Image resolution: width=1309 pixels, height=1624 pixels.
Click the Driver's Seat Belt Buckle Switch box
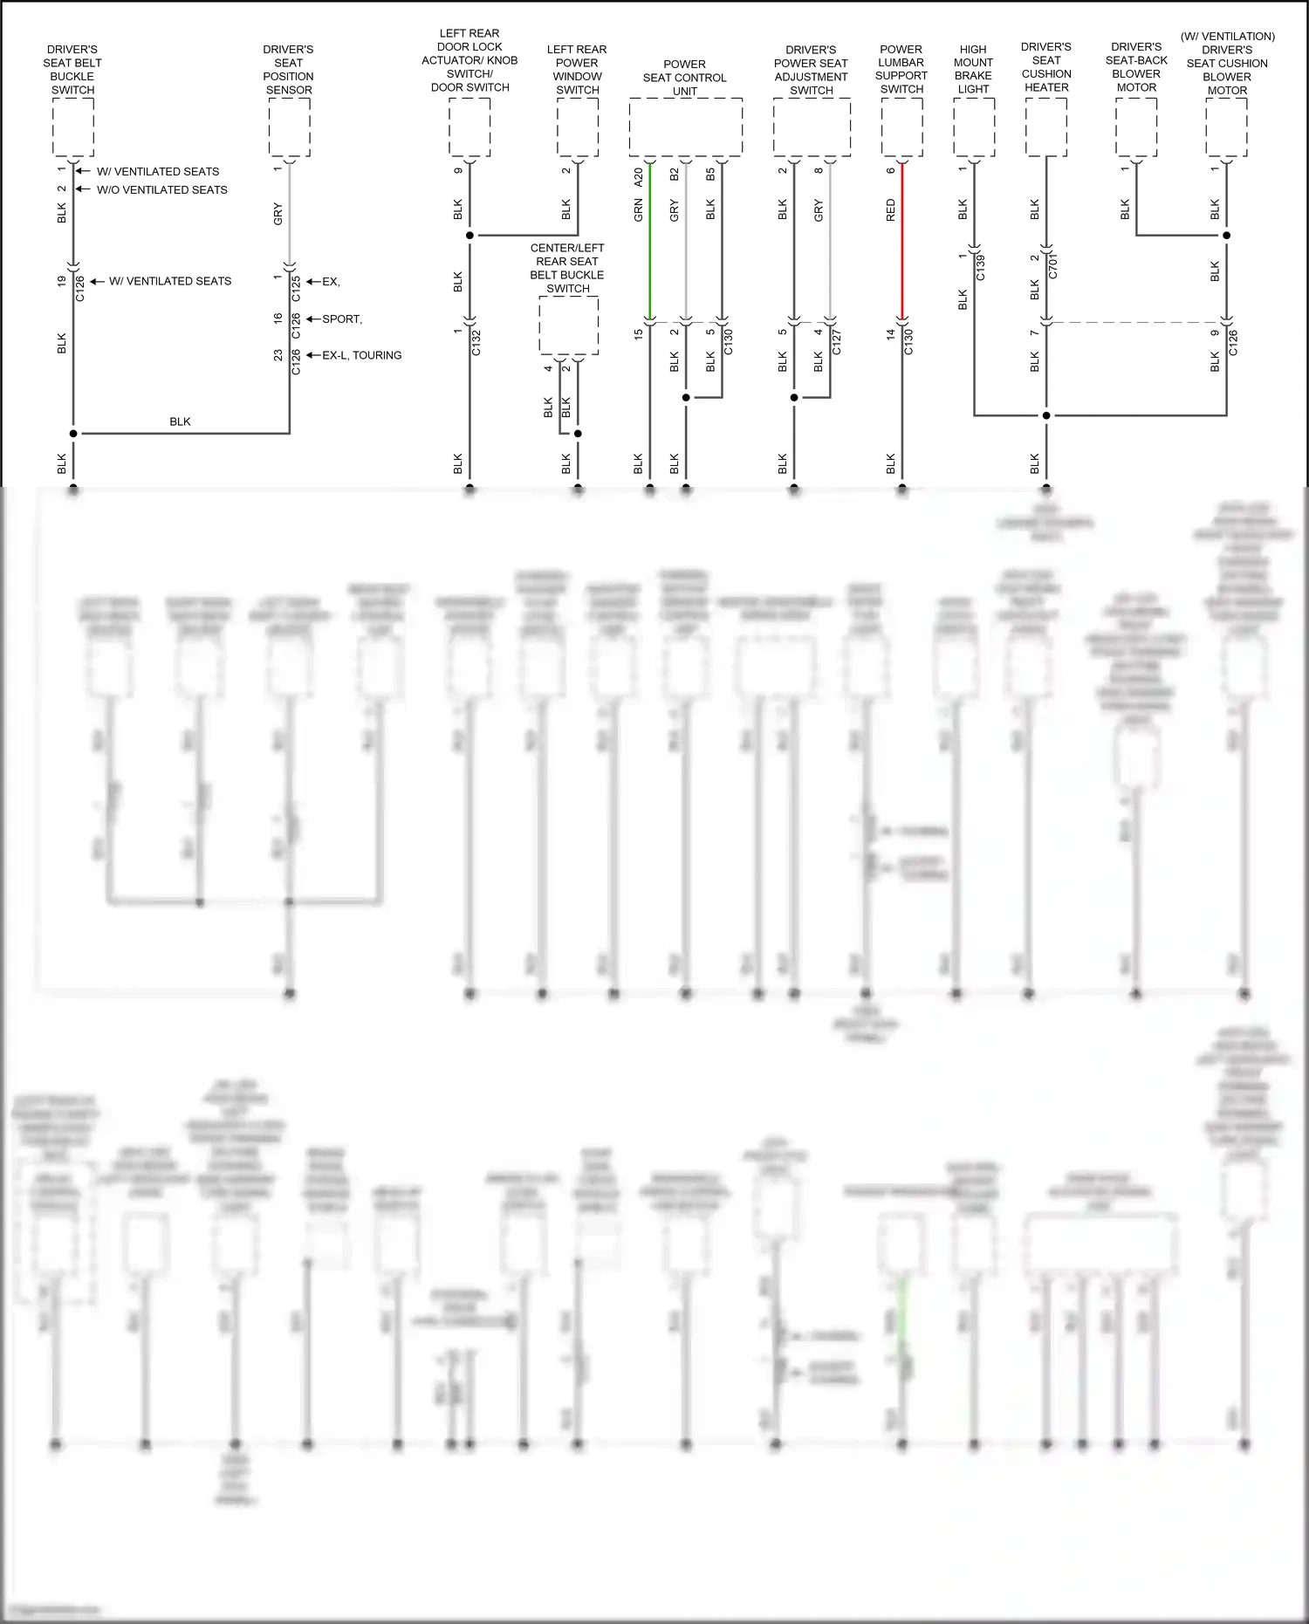(73, 127)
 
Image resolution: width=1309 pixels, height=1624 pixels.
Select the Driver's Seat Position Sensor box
(289, 127)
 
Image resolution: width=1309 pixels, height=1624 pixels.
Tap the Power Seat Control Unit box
(685, 127)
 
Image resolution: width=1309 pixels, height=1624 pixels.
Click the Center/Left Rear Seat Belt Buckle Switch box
(568, 325)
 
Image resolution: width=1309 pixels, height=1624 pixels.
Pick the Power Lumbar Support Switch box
(901, 127)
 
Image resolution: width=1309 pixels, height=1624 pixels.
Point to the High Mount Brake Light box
(974, 127)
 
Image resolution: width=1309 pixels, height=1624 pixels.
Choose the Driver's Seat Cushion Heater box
(1045, 127)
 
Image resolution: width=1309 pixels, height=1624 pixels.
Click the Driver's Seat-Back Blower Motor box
(1136, 127)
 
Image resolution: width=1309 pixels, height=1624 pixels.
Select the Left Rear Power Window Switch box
(578, 127)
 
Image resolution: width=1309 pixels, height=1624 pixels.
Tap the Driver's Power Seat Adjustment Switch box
(812, 127)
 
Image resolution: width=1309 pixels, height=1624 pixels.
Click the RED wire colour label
(891, 210)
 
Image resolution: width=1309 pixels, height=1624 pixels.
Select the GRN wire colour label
(639, 210)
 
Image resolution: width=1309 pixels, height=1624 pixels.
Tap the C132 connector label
(476, 342)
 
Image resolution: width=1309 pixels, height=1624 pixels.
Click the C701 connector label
(1053, 265)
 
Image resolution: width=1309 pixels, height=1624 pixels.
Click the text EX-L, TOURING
(361, 355)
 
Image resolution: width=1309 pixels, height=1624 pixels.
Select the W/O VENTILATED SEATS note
(161, 190)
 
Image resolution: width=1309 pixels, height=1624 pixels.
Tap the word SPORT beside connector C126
(341, 319)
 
